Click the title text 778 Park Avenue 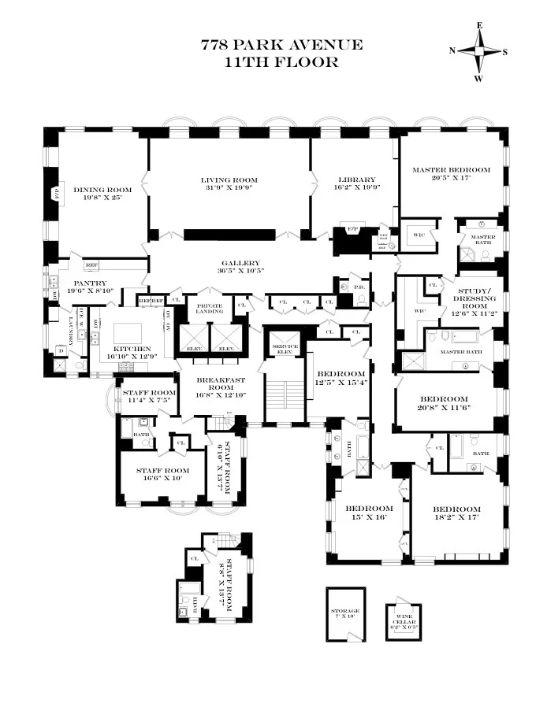[x=281, y=45]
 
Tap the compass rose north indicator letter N [x=452, y=51]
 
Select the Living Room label [x=229, y=180]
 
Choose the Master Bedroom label [x=451, y=169]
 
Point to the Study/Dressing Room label [x=476, y=299]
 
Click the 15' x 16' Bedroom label [x=370, y=509]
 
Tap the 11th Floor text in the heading [x=281, y=62]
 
